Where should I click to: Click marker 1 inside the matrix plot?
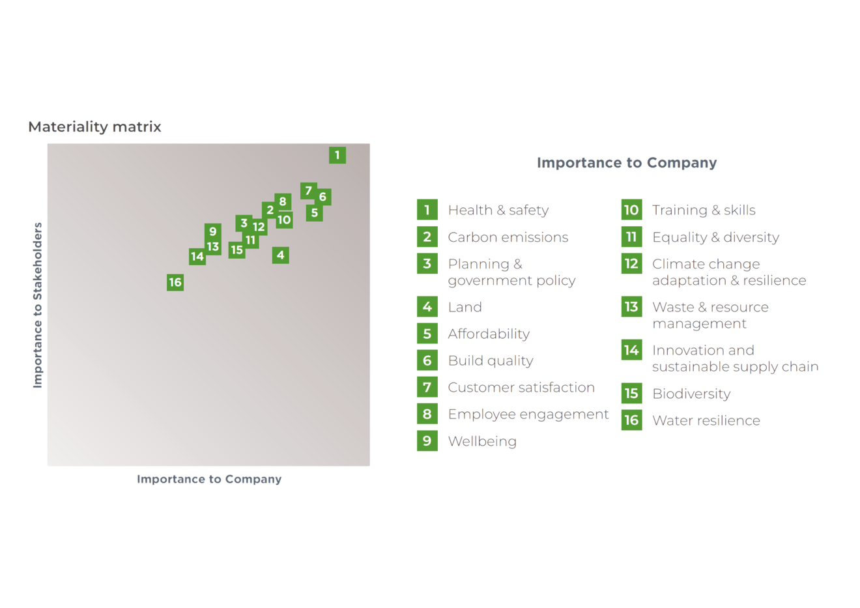tap(337, 155)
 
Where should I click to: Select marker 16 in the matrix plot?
tap(175, 282)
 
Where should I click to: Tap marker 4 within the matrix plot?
tap(281, 255)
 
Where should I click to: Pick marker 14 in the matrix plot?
tap(197, 257)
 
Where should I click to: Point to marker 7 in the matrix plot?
tap(309, 191)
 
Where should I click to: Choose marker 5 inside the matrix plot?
tap(315, 212)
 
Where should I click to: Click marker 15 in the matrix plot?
tap(236, 250)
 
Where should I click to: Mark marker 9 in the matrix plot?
tap(213, 231)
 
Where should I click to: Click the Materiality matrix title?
tap(94, 127)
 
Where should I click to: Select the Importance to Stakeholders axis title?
tap(38, 304)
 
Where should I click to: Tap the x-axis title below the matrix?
tap(209, 480)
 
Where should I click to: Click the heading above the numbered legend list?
tap(626, 163)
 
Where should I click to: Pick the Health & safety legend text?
tap(498, 210)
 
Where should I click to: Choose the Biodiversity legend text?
tap(691, 394)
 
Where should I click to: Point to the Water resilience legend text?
tap(706, 420)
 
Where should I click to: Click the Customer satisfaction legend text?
tap(521, 388)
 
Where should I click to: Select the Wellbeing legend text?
tap(482, 441)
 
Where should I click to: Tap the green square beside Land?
tap(427, 307)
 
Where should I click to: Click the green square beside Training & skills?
tap(631, 210)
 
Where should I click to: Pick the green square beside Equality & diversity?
tap(631, 237)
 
